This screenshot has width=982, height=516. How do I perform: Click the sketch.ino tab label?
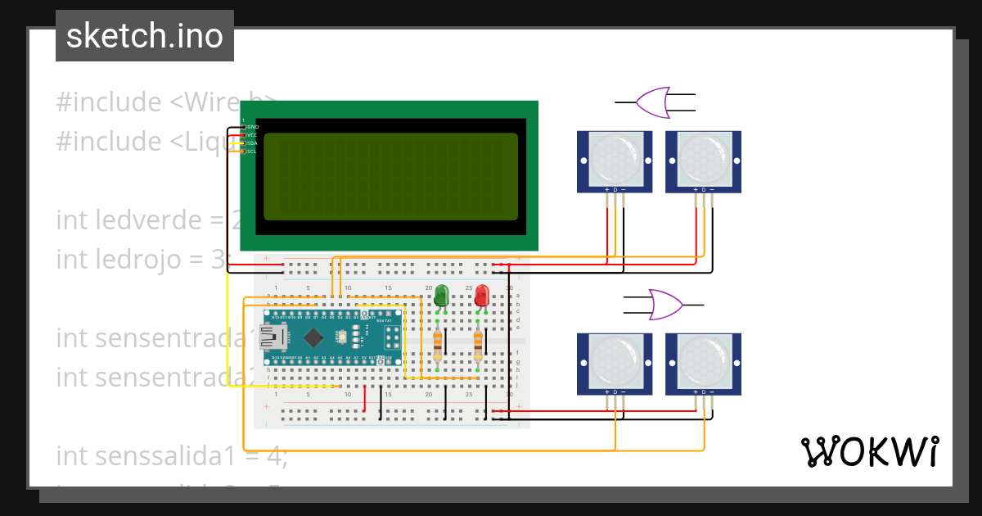[144, 36]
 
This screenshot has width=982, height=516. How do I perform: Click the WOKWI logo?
[869, 451]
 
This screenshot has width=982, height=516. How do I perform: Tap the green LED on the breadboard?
[441, 295]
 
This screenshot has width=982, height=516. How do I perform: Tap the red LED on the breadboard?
[482, 295]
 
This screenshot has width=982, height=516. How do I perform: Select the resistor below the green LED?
[439, 343]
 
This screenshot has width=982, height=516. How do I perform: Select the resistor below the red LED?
[478, 343]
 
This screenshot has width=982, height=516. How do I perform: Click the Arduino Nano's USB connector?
[273, 336]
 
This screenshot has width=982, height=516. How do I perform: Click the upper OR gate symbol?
[653, 102]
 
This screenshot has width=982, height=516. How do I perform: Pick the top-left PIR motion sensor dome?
[614, 160]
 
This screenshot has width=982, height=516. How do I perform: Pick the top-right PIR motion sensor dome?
[703, 160]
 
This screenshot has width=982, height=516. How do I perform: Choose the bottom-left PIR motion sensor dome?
[614, 362]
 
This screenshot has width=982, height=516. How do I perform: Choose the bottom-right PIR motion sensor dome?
[703, 362]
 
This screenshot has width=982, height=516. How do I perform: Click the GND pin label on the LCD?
[252, 127]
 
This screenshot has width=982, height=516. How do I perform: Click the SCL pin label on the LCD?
[252, 152]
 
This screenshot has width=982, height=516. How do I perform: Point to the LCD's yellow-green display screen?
[390, 176]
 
